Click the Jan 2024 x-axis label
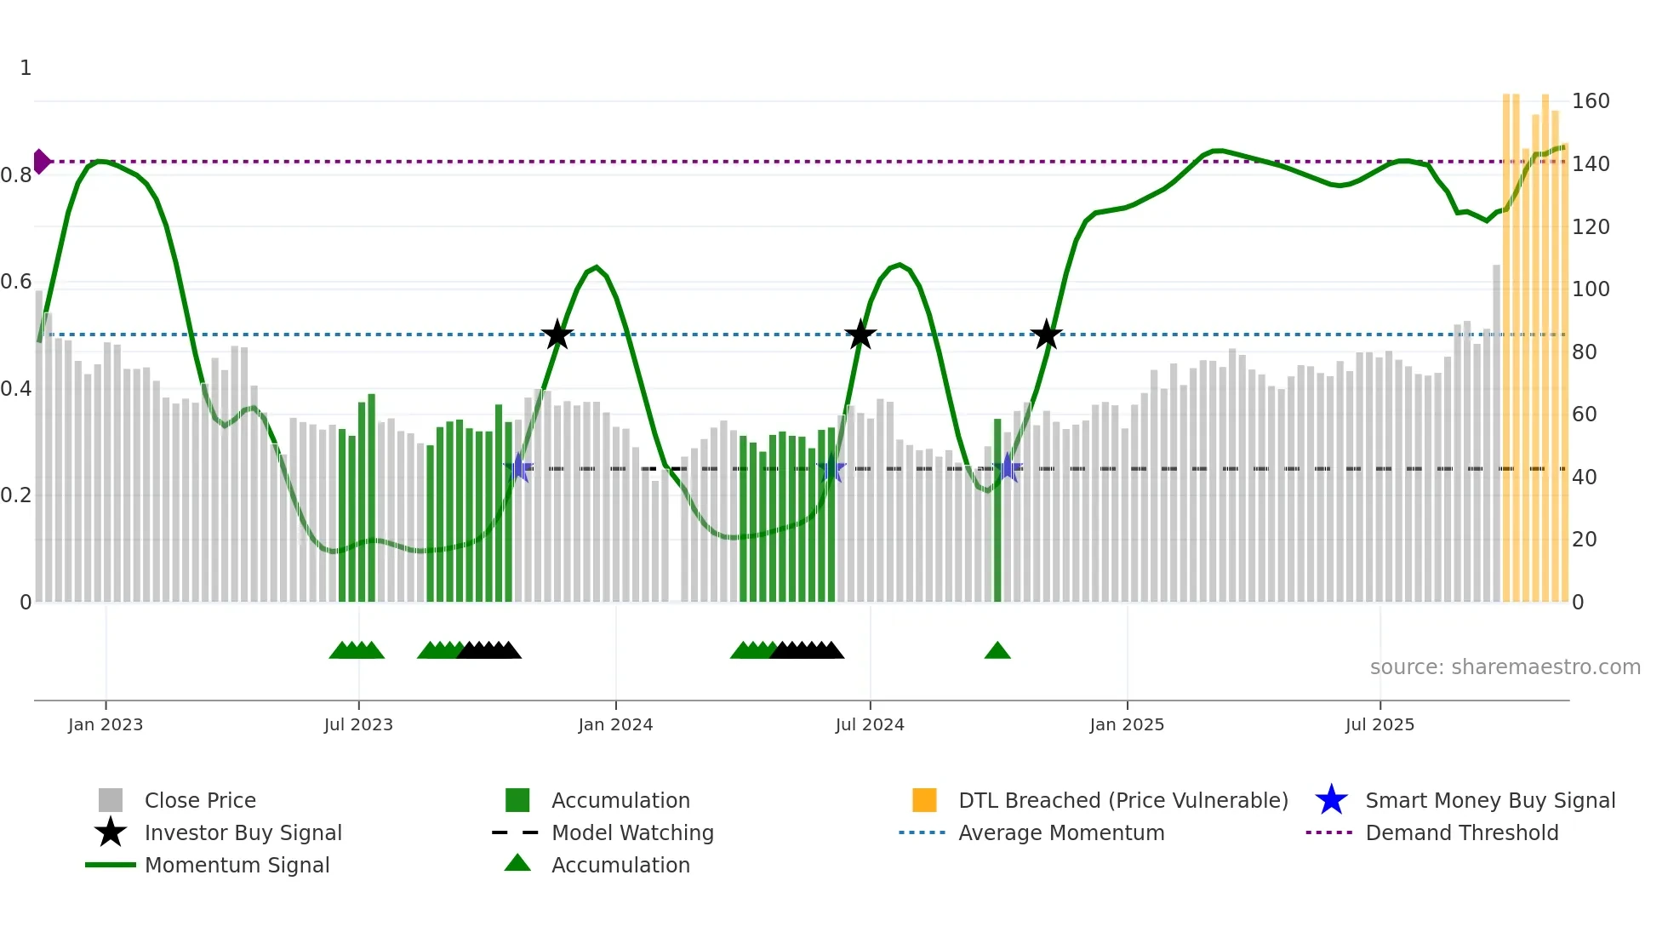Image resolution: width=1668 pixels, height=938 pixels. (615, 724)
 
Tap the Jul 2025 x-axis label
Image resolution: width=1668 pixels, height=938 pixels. (1380, 724)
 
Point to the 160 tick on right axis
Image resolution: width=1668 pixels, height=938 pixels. (1590, 101)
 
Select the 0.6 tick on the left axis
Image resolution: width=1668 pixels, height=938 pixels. (16, 282)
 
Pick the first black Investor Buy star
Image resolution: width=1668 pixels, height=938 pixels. (557, 335)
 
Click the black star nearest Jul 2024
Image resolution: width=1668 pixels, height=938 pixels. (860, 335)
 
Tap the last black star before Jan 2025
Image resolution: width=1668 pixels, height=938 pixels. (1046, 335)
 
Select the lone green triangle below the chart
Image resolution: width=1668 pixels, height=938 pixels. (997, 651)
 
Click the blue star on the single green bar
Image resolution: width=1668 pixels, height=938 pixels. (1008, 467)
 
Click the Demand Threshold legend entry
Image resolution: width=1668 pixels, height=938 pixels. (1461, 832)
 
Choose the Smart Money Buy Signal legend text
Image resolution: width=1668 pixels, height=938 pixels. (1489, 800)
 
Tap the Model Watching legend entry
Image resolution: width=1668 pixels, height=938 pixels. (631, 832)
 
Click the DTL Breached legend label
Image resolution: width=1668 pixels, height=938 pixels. (1122, 800)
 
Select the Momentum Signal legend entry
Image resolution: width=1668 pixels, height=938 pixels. (237, 865)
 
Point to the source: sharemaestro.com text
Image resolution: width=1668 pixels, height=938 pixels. (1505, 667)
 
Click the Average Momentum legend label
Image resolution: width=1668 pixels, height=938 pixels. (1060, 832)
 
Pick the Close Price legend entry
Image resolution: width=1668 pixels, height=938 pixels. (199, 800)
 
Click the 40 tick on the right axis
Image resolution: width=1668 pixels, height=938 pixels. (1584, 477)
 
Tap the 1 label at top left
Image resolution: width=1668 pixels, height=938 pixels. (26, 68)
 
